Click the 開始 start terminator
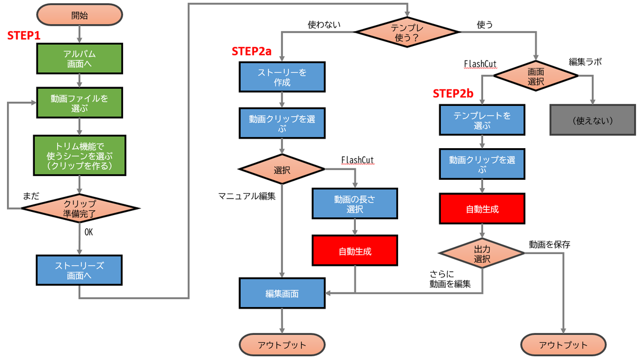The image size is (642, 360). tap(79, 16)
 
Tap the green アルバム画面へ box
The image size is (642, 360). tap(79, 59)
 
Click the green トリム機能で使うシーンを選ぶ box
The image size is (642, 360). tap(79, 155)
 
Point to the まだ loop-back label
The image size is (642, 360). tap(30, 196)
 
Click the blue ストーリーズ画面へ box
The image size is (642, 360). tap(79, 271)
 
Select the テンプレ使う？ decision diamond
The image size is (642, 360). tap(408, 33)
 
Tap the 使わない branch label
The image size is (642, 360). tap(324, 25)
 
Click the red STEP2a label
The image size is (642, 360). tap(251, 51)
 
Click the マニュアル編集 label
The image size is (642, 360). tap(247, 196)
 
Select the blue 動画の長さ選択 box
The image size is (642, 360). tap(355, 204)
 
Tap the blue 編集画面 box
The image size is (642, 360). tap(282, 293)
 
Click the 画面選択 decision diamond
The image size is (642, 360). tap(536, 76)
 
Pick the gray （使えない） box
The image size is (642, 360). tap(592, 120)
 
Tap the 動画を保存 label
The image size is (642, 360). tap(549, 244)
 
